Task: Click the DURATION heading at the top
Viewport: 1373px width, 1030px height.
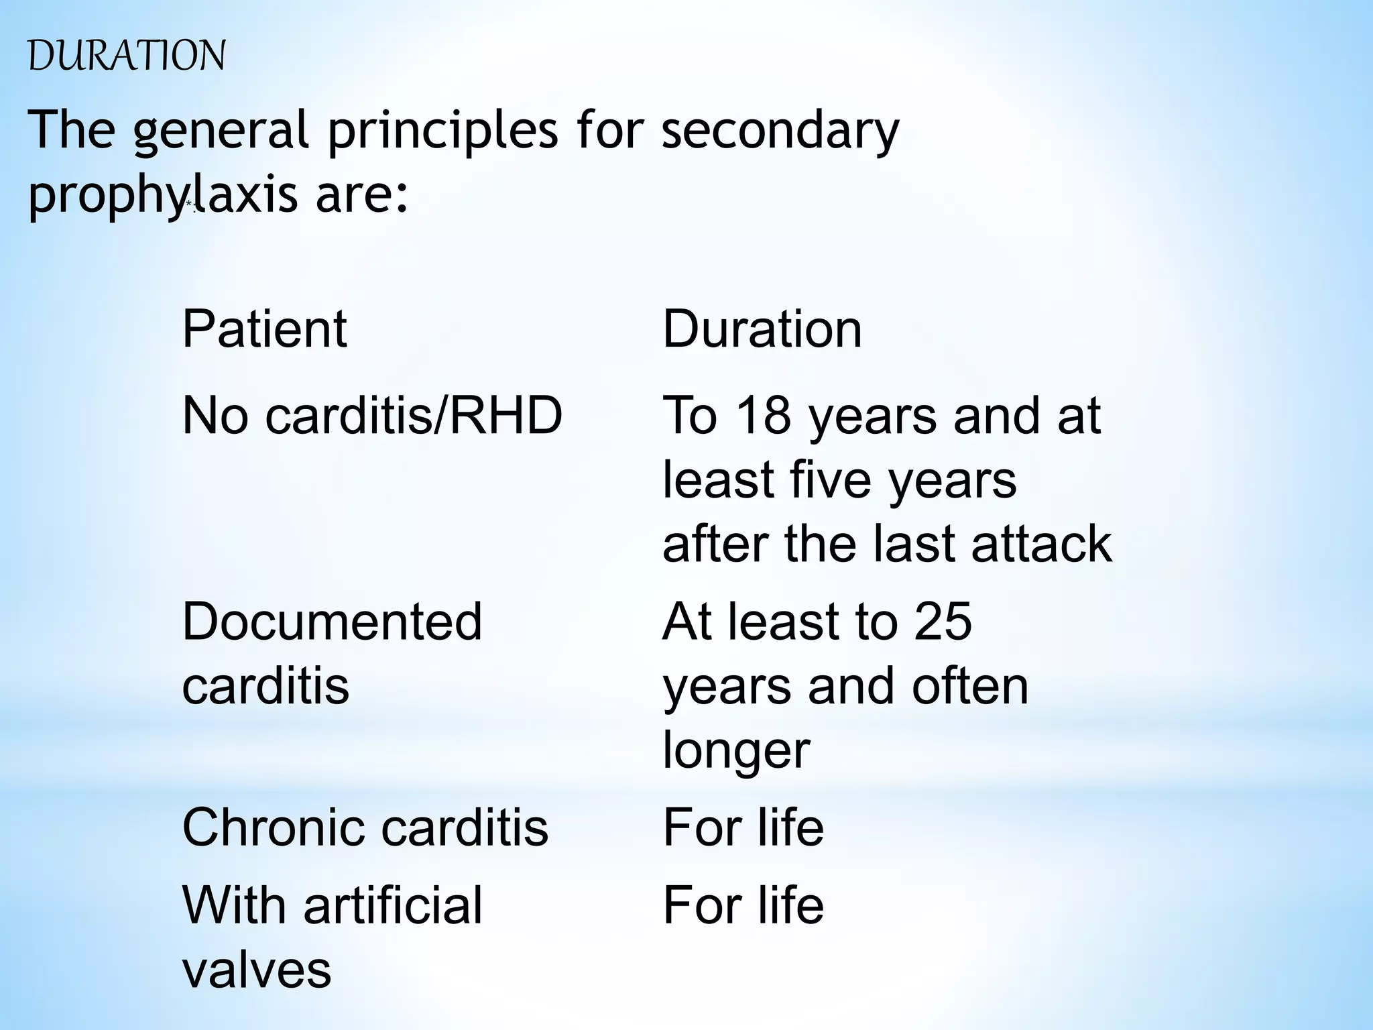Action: [127, 56]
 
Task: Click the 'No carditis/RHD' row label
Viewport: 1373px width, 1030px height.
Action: [372, 415]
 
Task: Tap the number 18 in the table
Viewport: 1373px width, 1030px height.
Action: [764, 415]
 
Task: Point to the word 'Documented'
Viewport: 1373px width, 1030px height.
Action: [332, 621]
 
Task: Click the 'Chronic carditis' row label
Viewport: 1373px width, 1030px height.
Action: [365, 827]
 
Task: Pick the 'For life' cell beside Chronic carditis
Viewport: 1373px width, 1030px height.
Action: [743, 827]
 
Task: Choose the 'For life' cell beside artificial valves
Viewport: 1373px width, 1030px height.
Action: [743, 905]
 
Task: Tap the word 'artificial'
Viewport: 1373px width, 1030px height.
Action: [393, 905]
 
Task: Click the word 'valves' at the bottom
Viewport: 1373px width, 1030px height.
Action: [257, 969]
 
